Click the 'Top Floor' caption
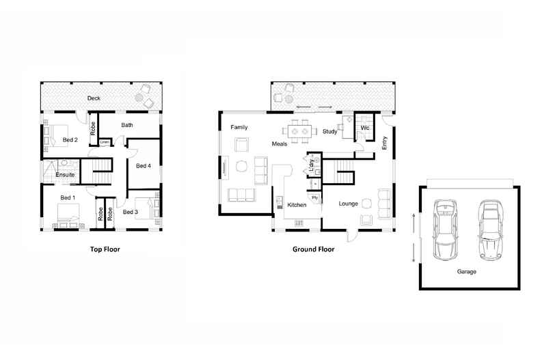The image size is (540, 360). pyautogui.click(x=105, y=249)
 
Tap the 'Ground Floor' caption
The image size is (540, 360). pyautogui.click(x=313, y=249)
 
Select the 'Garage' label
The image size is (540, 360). pyautogui.click(x=467, y=272)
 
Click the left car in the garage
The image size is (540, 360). pyautogui.click(x=445, y=230)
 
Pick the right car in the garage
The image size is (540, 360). pyautogui.click(x=490, y=230)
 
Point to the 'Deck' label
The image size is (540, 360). pyautogui.click(x=94, y=98)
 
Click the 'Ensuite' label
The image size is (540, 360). pyautogui.click(x=65, y=175)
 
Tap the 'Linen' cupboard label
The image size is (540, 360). pyautogui.click(x=105, y=142)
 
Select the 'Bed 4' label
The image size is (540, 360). pyautogui.click(x=144, y=166)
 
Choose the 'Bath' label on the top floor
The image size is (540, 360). pyautogui.click(x=127, y=125)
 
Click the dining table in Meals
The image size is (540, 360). pyautogui.click(x=299, y=131)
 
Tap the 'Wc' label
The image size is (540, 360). pyautogui.click(x=365, y=128)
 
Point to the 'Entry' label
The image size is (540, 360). pyautogui.click(x=385, y=143)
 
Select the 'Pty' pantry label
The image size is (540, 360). pyautogui.click(x=314, y=198)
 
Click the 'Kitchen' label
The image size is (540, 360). pyautogui.click(x=297, y=205)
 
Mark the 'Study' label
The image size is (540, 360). pyautogui.click(x=330, y=131)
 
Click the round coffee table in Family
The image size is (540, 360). pyautogui.click(x=242, y=167)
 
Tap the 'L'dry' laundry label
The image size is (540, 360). pyautogui.click(x=312, y=165)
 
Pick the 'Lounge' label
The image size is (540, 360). pyautogui.click(x=348, y=204)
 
